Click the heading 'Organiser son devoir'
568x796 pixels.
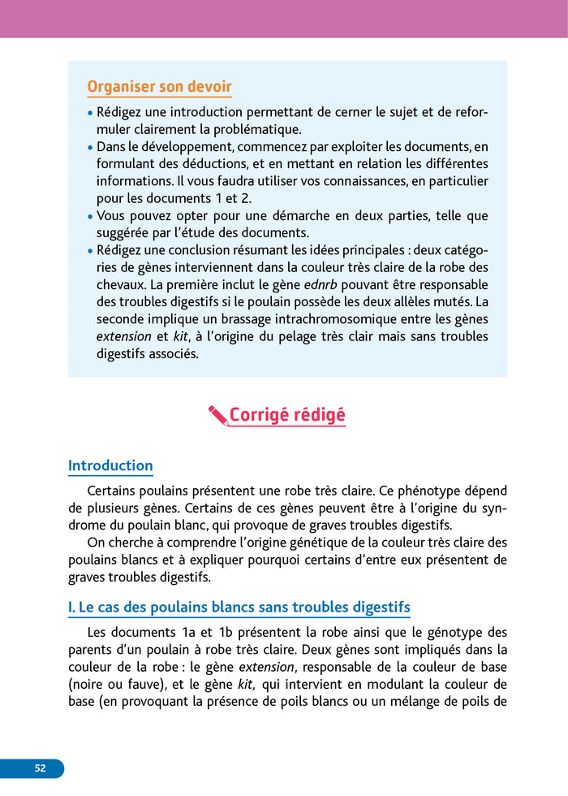159,87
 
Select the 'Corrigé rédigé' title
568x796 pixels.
287,415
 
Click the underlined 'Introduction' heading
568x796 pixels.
110,465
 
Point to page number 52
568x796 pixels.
40,768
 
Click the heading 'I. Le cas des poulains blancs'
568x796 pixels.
239,607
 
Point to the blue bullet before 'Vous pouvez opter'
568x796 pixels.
90,217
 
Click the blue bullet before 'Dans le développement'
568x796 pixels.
90,148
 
